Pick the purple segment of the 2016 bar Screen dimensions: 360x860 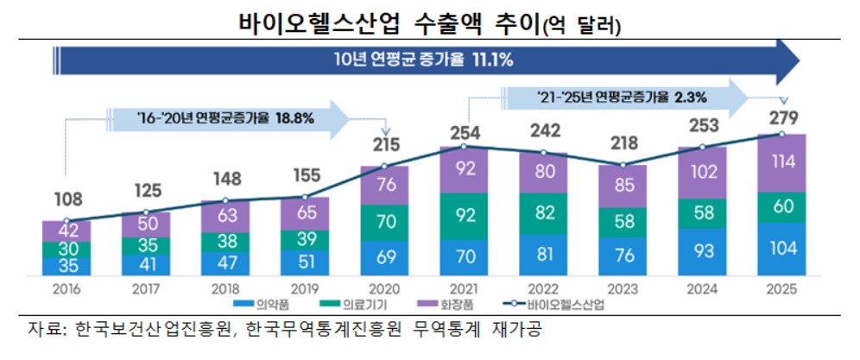(x=66, y=231)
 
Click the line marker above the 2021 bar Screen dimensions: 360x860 (x=464, y=147)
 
